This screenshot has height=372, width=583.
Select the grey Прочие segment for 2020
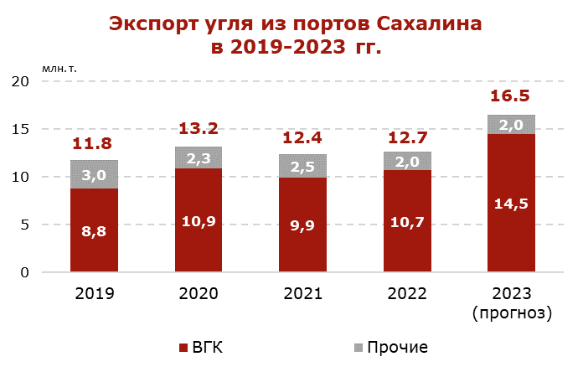click(199, 158)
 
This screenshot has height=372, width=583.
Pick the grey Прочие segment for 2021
click(302, 166)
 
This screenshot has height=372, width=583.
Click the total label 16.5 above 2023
click(511, 96)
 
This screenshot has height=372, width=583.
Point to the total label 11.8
click(94, 142)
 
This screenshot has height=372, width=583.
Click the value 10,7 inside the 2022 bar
click(407, 225)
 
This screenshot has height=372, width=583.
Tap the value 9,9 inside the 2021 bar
click(302, 225)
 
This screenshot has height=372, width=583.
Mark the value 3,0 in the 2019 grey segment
click(94, 174)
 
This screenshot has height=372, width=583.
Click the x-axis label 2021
click(302, 294)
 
